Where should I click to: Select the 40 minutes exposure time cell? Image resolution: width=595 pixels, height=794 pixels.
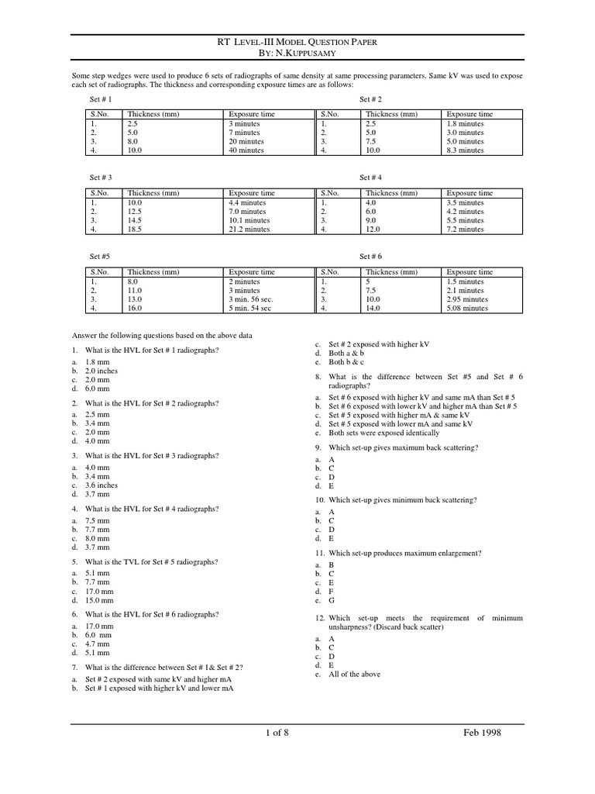click(x=246, y=150)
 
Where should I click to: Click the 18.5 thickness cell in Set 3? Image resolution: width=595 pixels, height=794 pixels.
click(x=136, y=230)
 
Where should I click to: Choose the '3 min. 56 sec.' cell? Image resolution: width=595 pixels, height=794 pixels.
click(x=251, y=299)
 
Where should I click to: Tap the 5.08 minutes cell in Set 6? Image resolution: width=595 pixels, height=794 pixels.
click(x=467, y=308)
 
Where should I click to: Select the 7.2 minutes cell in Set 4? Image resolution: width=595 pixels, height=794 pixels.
click(x=465, y=230)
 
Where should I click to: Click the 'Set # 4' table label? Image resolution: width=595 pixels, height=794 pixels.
click(x=371, y=178)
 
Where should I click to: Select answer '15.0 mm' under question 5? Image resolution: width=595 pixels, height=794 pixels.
click(x=100, y=600)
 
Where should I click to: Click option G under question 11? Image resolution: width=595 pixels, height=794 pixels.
click(x=332, y=600)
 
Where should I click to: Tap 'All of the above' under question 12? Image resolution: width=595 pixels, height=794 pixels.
click(x=354, y=674)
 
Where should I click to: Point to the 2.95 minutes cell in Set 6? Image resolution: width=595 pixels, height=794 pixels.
click(x=467, y=299)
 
